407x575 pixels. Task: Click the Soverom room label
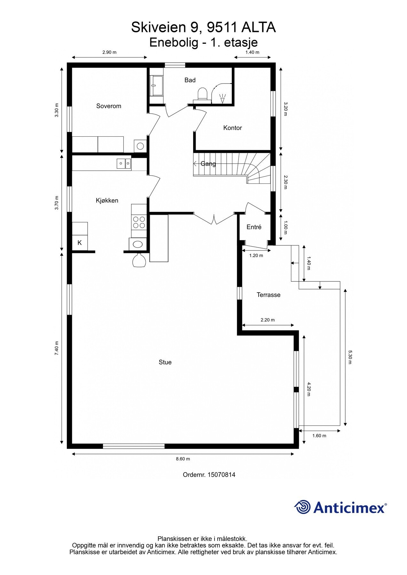tap(109, 106)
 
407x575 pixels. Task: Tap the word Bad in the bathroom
tap(190, 80)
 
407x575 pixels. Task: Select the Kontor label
tap(232, 128)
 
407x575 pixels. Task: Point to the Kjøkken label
tap(107, 201)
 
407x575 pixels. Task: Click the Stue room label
tap(165, 362)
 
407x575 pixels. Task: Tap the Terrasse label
tap(268, 295)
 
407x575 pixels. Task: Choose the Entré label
tap(254, 227)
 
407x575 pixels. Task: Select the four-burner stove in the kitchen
tap(139, 222)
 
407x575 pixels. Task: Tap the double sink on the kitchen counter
tap(124, 164)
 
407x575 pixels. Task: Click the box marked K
tap(80, 243)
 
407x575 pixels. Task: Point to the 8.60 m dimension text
tap(183, 459)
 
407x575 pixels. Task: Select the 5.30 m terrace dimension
tap(350, 357)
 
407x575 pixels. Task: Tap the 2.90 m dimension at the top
tap(109, 52)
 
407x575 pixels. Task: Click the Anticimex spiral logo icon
tap(302, 507)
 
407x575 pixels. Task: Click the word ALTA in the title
tap(258, 28)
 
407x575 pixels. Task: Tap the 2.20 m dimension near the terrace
tap(268, 320)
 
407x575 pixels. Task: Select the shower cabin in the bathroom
tap(156, 86)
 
